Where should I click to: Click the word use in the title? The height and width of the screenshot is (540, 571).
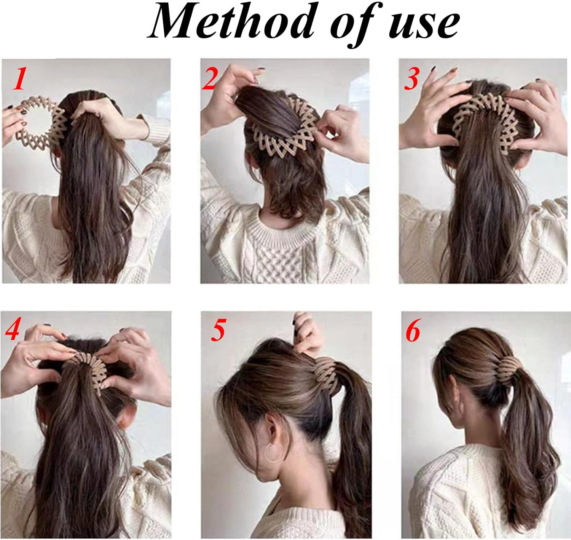[421, 26]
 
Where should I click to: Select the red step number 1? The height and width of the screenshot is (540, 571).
[19, 78]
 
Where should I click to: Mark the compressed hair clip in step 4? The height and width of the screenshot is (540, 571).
[89, 369]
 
